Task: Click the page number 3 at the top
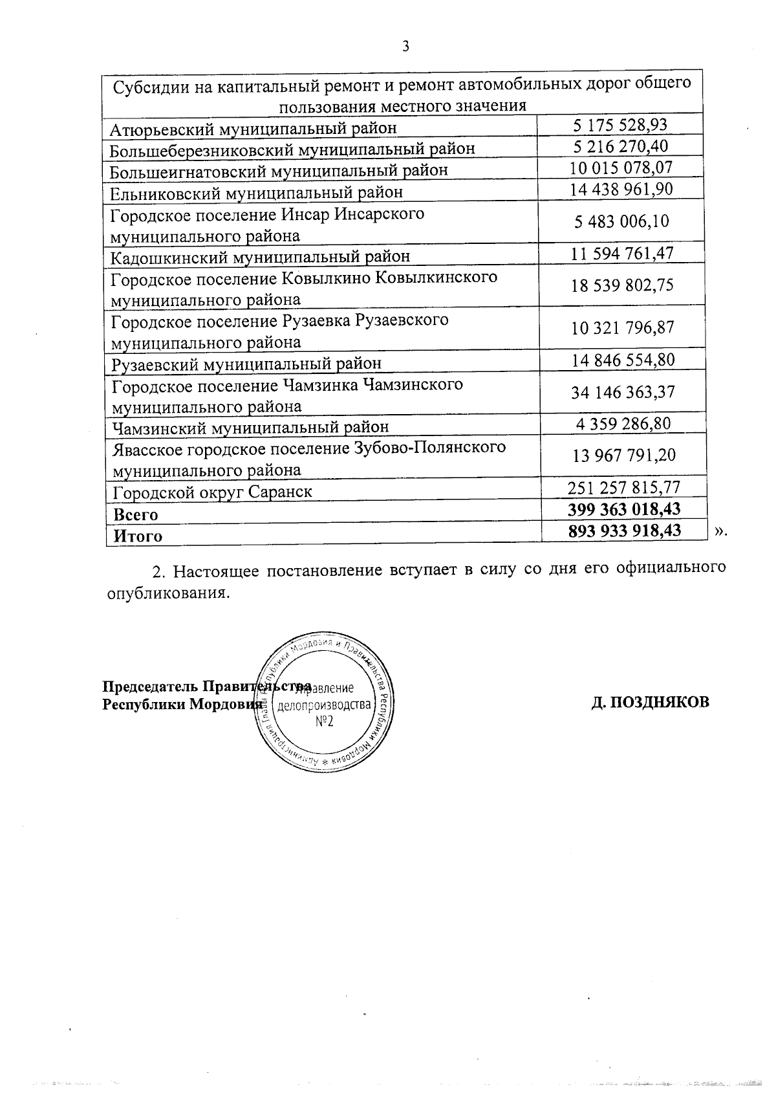pos(405,46)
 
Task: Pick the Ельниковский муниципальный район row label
pos(256,193)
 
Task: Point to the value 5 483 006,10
pos(621,222)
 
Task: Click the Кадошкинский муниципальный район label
pos(260,257)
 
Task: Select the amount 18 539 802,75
pos(621,285)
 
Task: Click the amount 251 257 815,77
pos(623,487)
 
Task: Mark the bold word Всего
pos(136,515)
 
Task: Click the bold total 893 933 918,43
pos(623,531)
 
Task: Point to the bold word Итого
pos(138,536)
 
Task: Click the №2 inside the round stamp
pos(324,721)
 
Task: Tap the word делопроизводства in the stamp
pos(324,705)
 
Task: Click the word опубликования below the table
pos(167,592)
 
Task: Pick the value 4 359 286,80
pos(623,424)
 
